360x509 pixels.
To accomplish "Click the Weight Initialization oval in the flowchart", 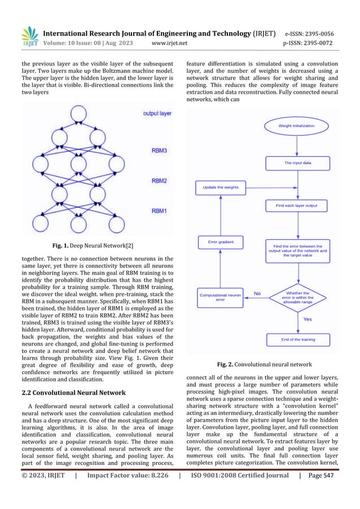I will pos(296,125).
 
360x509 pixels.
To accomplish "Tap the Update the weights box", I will pos(217,186).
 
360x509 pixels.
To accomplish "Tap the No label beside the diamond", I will pos(257,293).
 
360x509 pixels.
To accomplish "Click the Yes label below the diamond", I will pos(308,319).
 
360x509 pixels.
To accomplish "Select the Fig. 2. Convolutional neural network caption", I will pos(267,365).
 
